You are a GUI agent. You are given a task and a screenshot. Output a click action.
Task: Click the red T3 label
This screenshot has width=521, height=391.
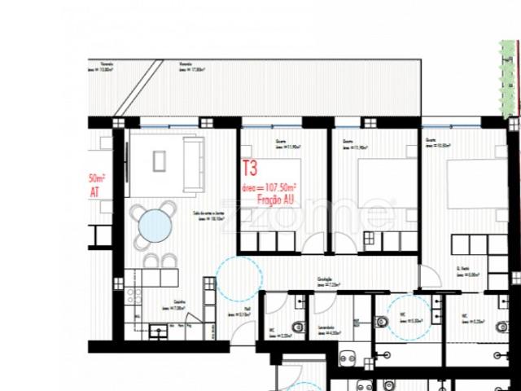click(x=250, y=169)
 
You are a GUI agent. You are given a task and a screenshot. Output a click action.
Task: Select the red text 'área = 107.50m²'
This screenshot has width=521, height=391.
click(x=268, y=187)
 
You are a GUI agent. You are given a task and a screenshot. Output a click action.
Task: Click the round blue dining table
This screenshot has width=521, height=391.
click(x=153, y=223)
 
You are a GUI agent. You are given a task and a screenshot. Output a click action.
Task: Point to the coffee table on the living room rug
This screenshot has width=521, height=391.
click(x=159, y=161)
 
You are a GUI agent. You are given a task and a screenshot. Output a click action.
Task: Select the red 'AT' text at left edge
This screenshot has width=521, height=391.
click(x=94, y=192)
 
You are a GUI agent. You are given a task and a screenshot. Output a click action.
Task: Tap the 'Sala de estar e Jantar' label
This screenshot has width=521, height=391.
click(x=208, y=215)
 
